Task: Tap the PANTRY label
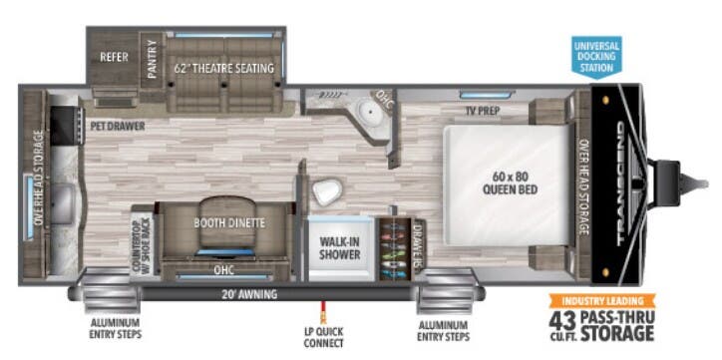tap(153, 58)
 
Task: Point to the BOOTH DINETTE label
tap(229, 223)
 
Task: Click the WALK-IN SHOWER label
tap(339, 246)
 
